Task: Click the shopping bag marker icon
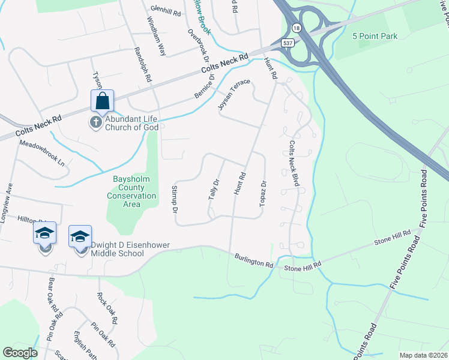(102, 101)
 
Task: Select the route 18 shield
(297, 28)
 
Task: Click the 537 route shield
(288, 43)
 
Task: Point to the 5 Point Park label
(375, 37)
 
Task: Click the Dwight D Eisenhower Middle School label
(117, 249)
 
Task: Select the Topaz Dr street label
(263, 193)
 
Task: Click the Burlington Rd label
(253, 260)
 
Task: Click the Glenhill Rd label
(166, 10)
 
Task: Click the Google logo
(20, 353)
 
